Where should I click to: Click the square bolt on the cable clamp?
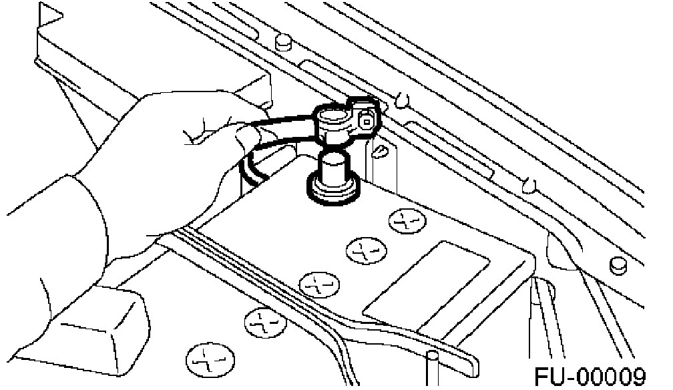click(x=367, y=120)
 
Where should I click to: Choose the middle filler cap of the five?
click(x=311, y=284)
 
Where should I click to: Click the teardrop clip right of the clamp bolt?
click(x=402, y=101)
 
